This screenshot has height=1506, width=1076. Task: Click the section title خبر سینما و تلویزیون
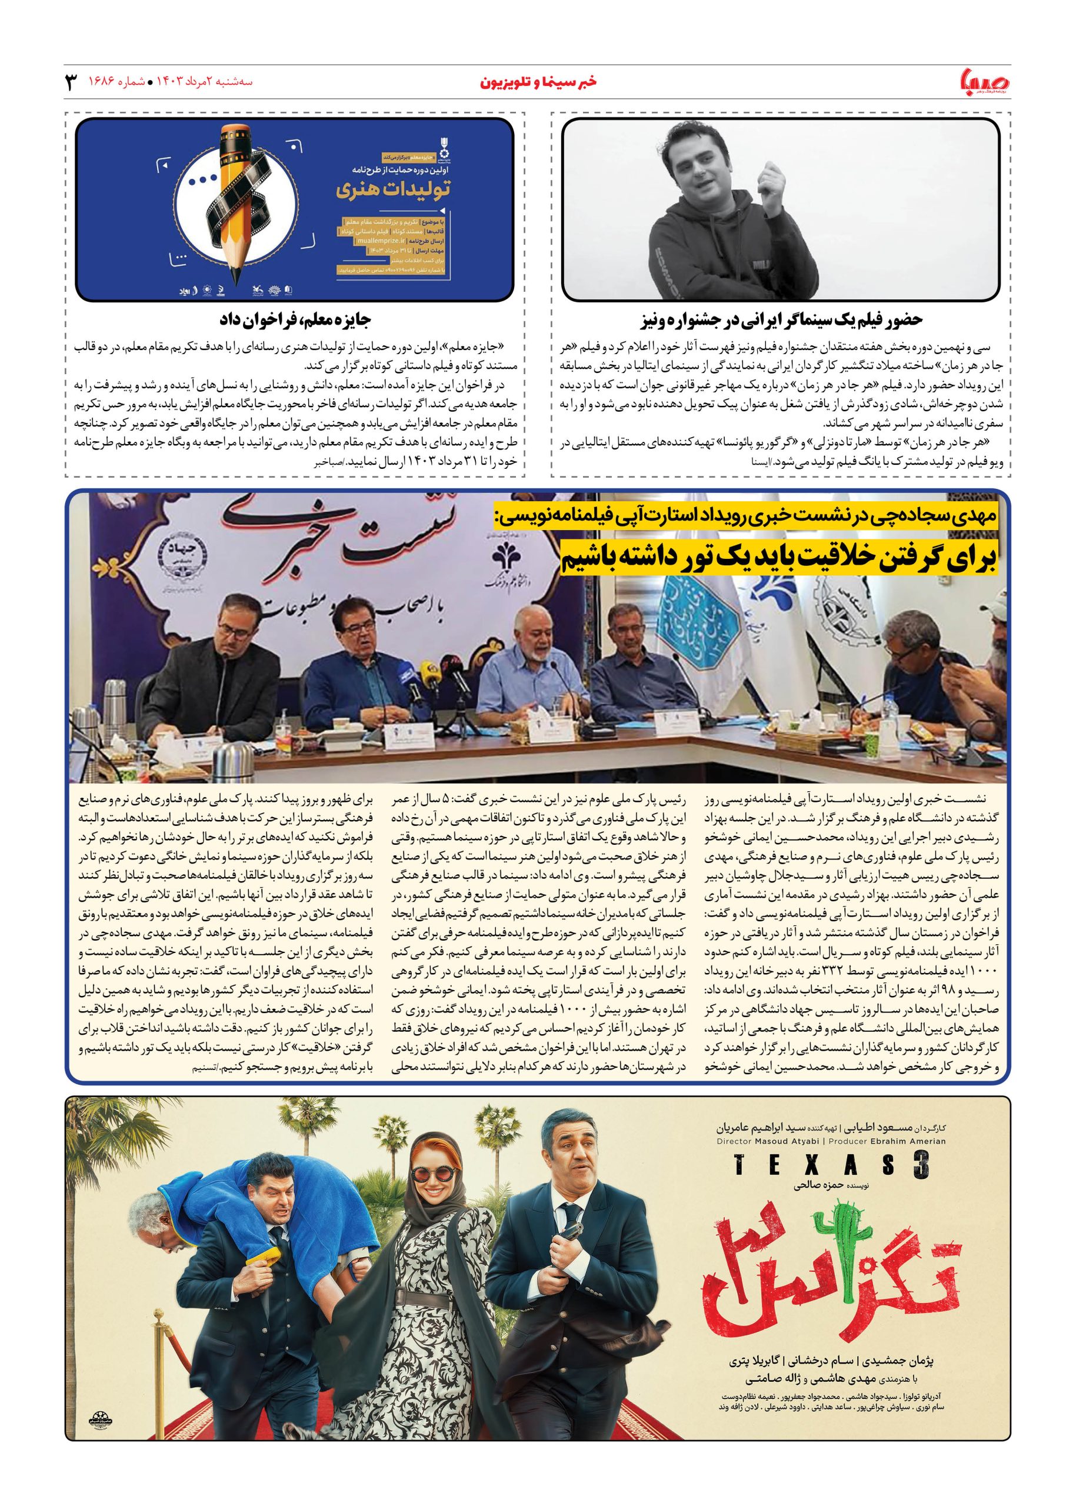pos(537,82)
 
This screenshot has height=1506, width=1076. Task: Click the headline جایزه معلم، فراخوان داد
pos(294,320)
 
